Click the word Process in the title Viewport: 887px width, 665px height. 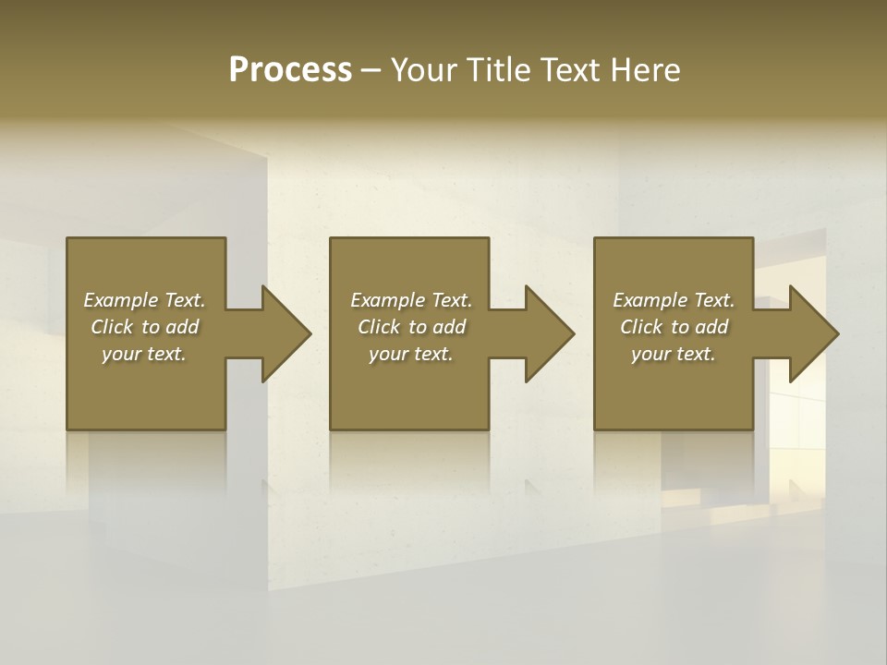point(290,70)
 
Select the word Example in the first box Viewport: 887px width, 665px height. point(120,300)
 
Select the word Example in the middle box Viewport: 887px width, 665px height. point(387,300)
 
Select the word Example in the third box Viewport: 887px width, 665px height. point(650,300)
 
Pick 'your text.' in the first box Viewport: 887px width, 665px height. point(144,354)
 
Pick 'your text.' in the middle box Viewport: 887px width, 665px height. point(411,354)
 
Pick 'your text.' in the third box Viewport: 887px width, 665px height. point(674,354)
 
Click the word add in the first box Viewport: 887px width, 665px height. point(182,327)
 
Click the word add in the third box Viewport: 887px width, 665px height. point(711,327)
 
